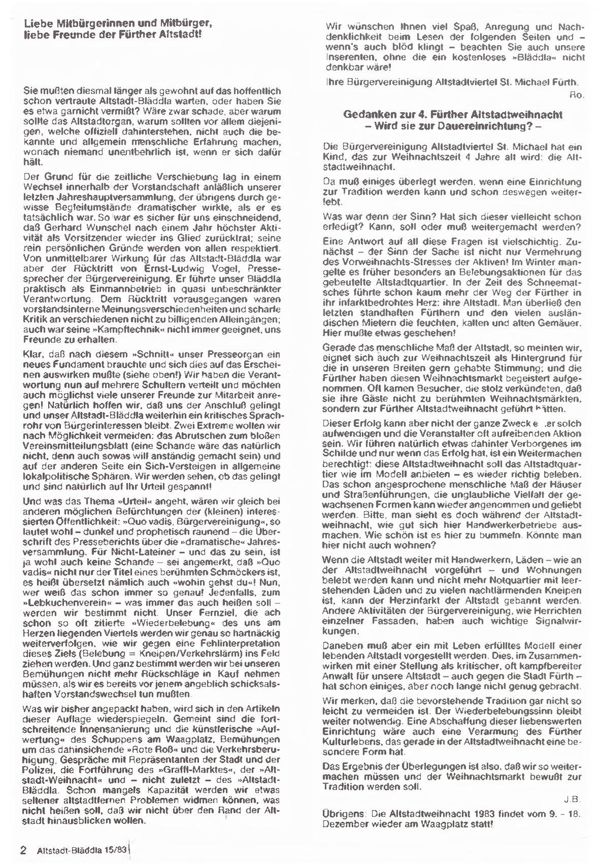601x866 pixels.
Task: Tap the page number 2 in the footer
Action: [23, 850]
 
